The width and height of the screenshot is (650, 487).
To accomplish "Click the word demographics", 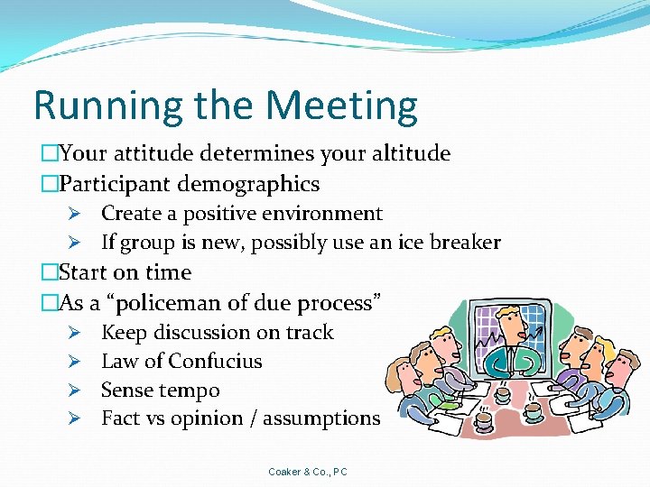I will (248, 185).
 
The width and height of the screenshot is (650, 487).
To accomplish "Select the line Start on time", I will (125, 272).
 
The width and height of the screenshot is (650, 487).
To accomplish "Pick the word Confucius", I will (215, 362).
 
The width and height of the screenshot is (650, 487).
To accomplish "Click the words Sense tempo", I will (160, 391).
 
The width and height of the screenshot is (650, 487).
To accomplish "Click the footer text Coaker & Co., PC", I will (308, 472).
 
